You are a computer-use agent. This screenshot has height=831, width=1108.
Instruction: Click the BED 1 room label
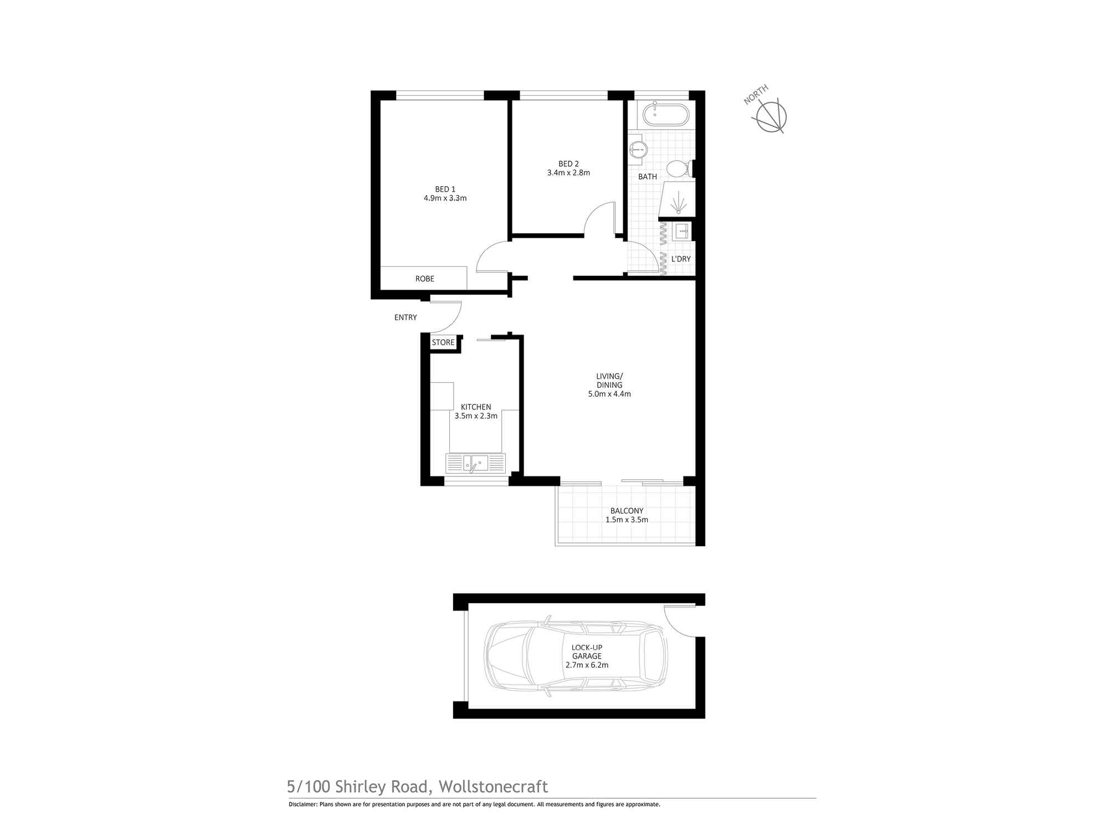[x=445, y=189]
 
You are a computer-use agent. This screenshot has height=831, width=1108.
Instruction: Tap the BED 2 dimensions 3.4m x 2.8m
[x=568, y=173]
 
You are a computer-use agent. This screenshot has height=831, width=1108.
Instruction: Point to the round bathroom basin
[x=639, y=148]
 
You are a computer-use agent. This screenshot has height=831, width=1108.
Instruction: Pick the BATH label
[x=648, y=177]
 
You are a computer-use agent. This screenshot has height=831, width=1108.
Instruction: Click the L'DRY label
[x=681, y=259]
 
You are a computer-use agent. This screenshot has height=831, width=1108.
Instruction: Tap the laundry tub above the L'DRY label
[x=680, y=231]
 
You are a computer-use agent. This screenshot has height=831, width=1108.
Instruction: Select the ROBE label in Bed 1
[x=425, y=279]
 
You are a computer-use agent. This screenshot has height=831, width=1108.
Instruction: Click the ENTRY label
[x=406, y=317]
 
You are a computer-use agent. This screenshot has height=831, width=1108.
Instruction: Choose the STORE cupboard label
[x=443, y=342]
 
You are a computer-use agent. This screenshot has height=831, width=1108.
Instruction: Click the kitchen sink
[x=475, y=463]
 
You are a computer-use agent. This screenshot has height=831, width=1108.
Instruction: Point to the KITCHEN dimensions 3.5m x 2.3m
[x=476, y=416]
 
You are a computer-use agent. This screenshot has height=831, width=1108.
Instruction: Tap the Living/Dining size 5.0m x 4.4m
[x=609, y=394]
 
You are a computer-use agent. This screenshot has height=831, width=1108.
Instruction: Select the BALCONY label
[x=627, y=511]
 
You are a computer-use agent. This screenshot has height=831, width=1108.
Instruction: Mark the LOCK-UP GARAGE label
[x=587, y=652]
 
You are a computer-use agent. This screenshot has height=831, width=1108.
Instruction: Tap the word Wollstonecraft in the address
[x=493, y=787]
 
